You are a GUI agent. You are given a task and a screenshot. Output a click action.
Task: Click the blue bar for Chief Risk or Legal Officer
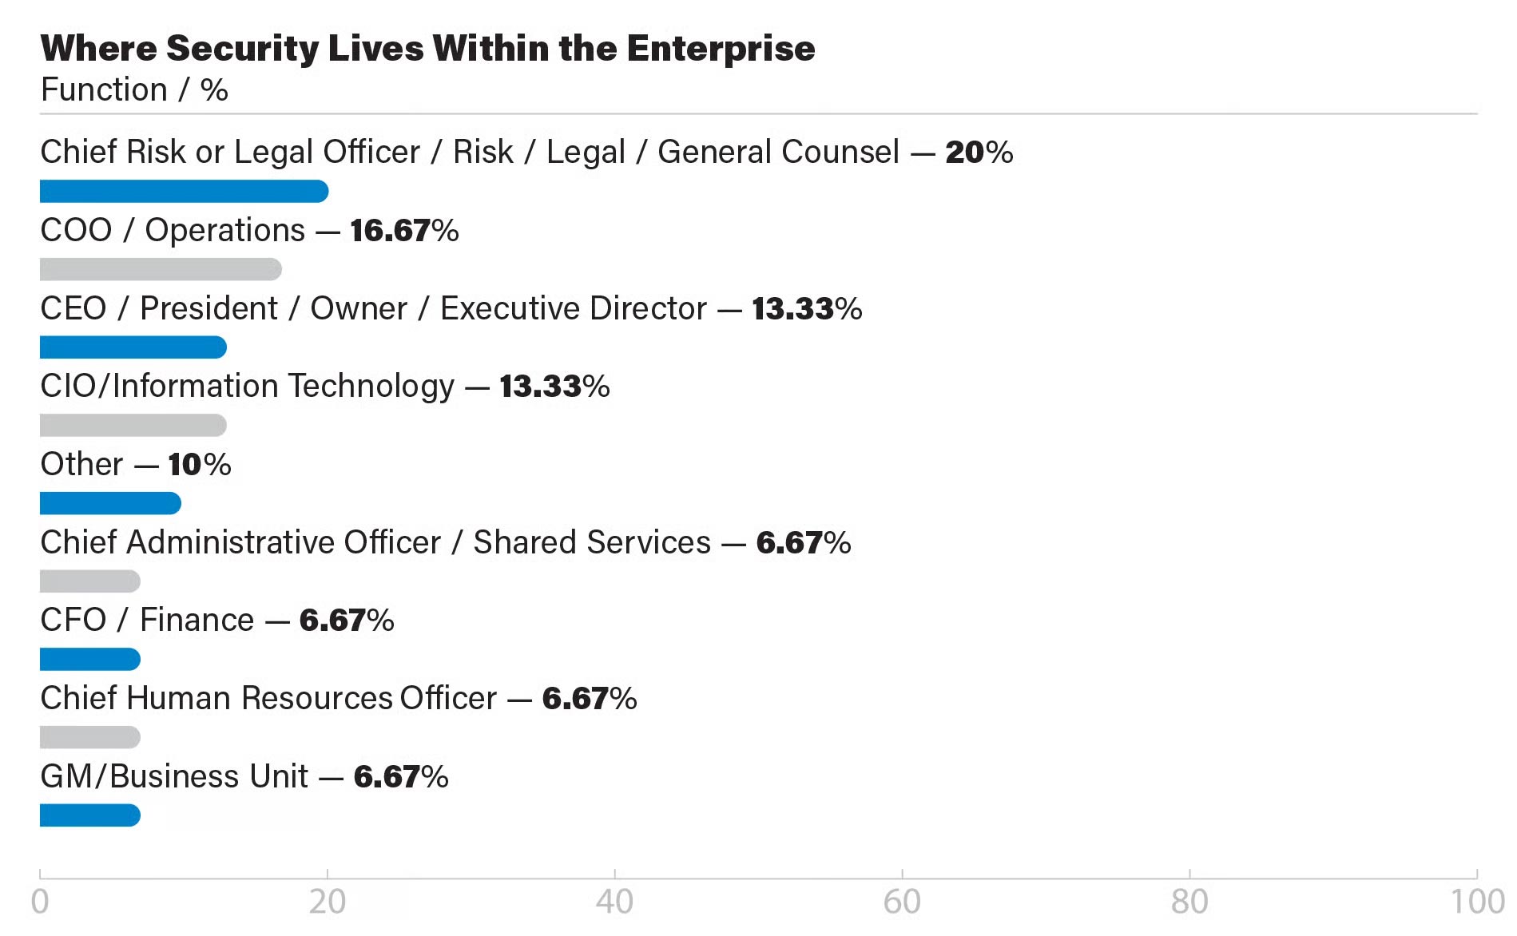click(x=184, y=192)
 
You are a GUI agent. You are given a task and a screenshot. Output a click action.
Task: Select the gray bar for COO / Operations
click(x=160, y=270)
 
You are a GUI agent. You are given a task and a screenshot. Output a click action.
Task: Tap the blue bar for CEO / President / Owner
click(x=133, y=347)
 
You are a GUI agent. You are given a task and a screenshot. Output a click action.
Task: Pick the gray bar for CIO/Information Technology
click(x=133, y=426)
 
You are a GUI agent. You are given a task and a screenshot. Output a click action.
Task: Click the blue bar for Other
click(x=110, y=503)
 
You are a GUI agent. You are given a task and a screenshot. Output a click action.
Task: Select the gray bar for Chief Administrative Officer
click(x=89, y=581)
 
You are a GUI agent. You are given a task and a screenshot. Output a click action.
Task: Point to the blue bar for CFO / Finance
click(x=89, y=660)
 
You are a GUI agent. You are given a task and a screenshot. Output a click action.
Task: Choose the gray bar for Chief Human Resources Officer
click(x=89, y=737)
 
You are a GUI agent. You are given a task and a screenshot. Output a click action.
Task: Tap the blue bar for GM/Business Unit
click(x=89, y=815)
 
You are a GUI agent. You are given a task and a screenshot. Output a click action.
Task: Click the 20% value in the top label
click(x=979, y=152)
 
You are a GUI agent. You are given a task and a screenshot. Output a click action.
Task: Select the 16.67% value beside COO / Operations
click(x=404, y=231)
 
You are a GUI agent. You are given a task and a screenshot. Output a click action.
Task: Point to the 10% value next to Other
click(x=199, y=465)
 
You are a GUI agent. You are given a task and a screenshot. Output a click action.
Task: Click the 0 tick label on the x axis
click(x=40, y=902)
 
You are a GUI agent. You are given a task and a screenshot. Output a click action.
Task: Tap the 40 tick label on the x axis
click(x=614, y=902)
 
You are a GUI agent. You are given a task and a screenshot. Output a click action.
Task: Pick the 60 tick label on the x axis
click(x=902, y=902)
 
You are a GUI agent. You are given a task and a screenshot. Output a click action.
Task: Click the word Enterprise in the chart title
click(x=721, y=49)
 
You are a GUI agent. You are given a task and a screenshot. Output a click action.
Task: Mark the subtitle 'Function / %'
click(x=134, y=90)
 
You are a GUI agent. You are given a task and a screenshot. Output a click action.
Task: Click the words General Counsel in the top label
click(x=778, y=152)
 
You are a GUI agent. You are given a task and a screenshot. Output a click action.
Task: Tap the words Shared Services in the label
click(x=592, y=542)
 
